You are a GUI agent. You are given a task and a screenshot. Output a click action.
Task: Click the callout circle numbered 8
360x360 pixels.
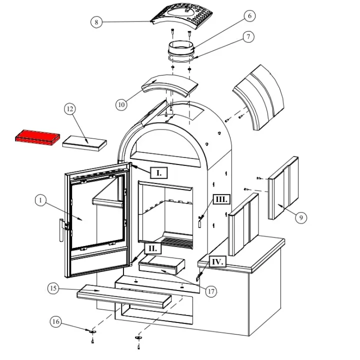coord(96,22)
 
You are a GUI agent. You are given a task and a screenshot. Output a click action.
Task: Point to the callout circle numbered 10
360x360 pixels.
coord(121,104)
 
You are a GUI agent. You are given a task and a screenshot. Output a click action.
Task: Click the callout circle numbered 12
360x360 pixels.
coord(70,109)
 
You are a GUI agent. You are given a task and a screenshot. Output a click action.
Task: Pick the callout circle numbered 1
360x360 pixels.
coord(41,200)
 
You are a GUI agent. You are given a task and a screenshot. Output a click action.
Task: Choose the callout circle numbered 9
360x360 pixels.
coord(301,217)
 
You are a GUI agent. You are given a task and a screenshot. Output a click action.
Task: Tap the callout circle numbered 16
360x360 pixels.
coord(56,322)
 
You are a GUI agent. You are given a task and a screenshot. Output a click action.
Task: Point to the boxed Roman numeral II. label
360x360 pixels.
coord(152,248)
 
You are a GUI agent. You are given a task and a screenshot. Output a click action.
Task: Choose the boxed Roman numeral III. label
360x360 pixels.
coord(221,199)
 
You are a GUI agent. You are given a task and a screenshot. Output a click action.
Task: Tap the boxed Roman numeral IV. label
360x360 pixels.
coord(216,261)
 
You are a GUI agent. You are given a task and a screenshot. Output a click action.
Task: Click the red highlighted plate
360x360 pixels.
coord(37,136)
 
